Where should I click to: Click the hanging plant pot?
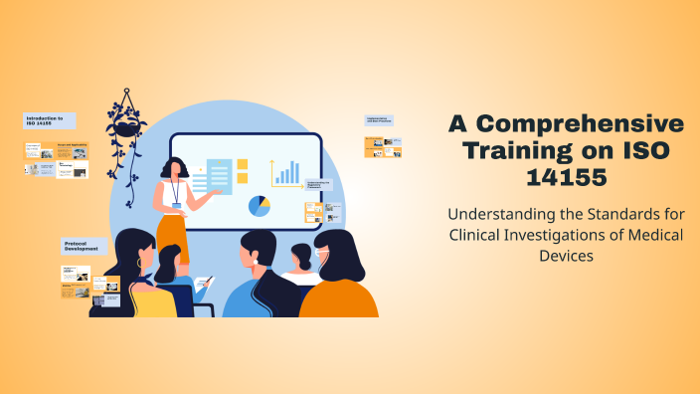126,128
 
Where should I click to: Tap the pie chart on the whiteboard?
260,206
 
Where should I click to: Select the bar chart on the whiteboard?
287,173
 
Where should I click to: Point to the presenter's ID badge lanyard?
176,191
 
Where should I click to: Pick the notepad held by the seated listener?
202,285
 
